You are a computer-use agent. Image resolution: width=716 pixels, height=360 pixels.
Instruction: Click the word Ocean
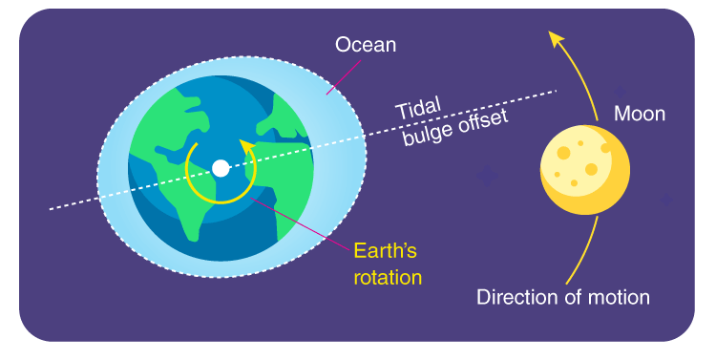366,45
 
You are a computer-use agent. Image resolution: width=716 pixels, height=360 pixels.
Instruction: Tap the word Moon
640,114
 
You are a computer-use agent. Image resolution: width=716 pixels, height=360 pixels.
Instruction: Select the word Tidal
418,108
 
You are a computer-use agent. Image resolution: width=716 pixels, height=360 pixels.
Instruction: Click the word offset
482,122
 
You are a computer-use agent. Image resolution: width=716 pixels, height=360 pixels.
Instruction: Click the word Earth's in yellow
386,250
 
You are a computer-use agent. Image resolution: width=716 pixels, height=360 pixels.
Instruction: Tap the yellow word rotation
388,277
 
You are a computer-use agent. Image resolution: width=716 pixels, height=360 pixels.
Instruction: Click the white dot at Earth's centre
221,168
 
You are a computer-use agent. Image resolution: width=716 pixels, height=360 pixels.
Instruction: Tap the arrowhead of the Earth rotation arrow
247,147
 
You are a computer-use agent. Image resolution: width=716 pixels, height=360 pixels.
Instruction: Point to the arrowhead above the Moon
556,38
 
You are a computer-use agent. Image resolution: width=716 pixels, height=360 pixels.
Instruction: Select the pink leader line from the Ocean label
343,77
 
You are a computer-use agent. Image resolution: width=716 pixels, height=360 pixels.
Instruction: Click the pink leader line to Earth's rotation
301,223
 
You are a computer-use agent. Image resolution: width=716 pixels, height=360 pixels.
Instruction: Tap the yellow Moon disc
585,170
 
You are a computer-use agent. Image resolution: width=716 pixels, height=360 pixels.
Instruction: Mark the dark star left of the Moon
487,176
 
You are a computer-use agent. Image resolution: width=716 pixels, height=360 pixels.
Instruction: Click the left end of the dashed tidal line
51,210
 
